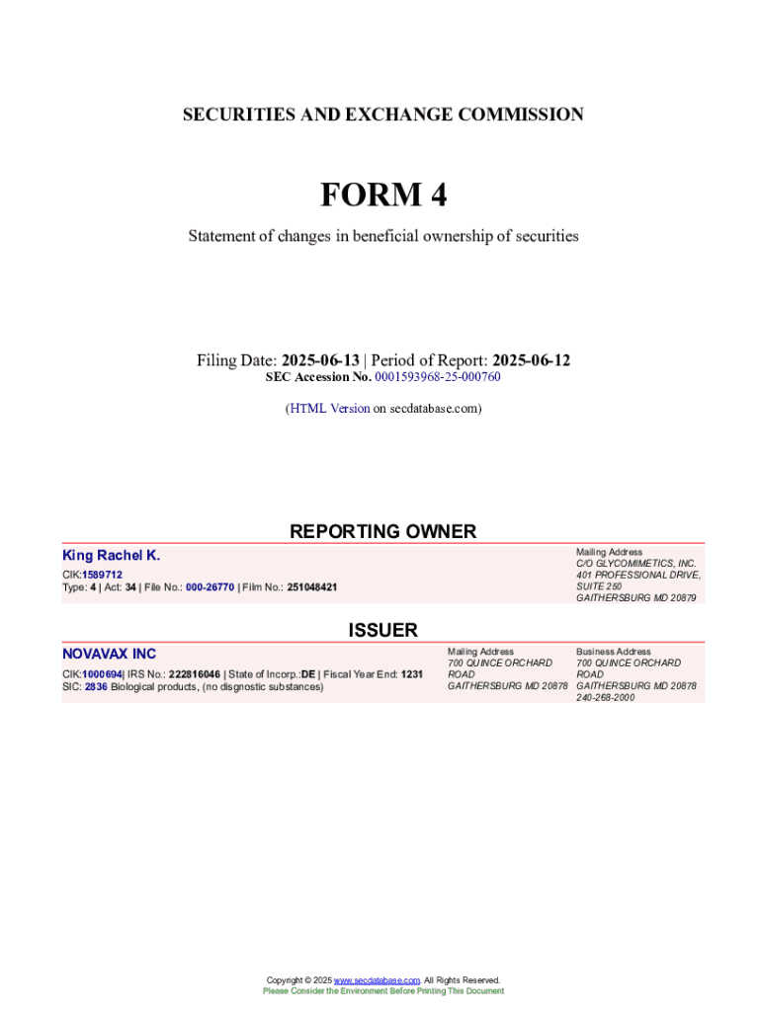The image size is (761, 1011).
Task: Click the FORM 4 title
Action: [382, 195]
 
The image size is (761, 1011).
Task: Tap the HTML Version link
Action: [329, 408]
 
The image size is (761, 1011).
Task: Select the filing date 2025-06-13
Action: [320, 360]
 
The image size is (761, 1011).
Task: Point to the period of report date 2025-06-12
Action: [531, 360]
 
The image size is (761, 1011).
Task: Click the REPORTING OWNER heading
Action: [382, 531]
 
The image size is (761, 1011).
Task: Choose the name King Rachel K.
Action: [111, 556]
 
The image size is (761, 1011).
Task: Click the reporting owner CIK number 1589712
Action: [103, 574]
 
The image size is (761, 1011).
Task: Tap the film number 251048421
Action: [311, 586]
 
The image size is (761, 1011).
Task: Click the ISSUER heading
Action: [382, 630]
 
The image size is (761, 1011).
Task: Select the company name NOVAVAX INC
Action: [109, 654]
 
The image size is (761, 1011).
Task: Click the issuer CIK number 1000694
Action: [103, 674]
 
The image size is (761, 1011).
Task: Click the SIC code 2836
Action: [96, 686]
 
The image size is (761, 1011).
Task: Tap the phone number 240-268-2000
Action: [607, 697]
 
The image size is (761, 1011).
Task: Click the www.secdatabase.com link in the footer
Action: [377, 980]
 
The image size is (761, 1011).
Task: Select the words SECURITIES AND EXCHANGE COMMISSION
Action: [382, 115]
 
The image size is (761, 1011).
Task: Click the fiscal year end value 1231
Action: [412, 674]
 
